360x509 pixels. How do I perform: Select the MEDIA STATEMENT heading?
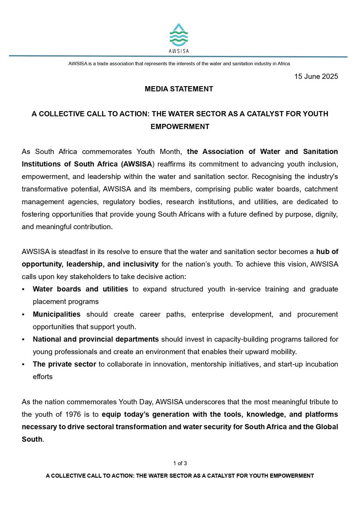[x=179, y=89]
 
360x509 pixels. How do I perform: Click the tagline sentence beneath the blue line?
[x=180, y=64]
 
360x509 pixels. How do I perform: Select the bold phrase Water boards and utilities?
[x=81, y=289]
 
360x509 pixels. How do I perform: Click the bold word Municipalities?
[x=57, y=314]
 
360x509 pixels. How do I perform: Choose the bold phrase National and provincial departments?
[x=96, y=339]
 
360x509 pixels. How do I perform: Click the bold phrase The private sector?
[x=64, y=364]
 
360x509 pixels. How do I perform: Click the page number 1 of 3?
[x=180, y=463]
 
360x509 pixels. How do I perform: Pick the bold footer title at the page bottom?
[x=180, y=475]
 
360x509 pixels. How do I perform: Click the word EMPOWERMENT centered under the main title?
[x=180, y=126]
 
